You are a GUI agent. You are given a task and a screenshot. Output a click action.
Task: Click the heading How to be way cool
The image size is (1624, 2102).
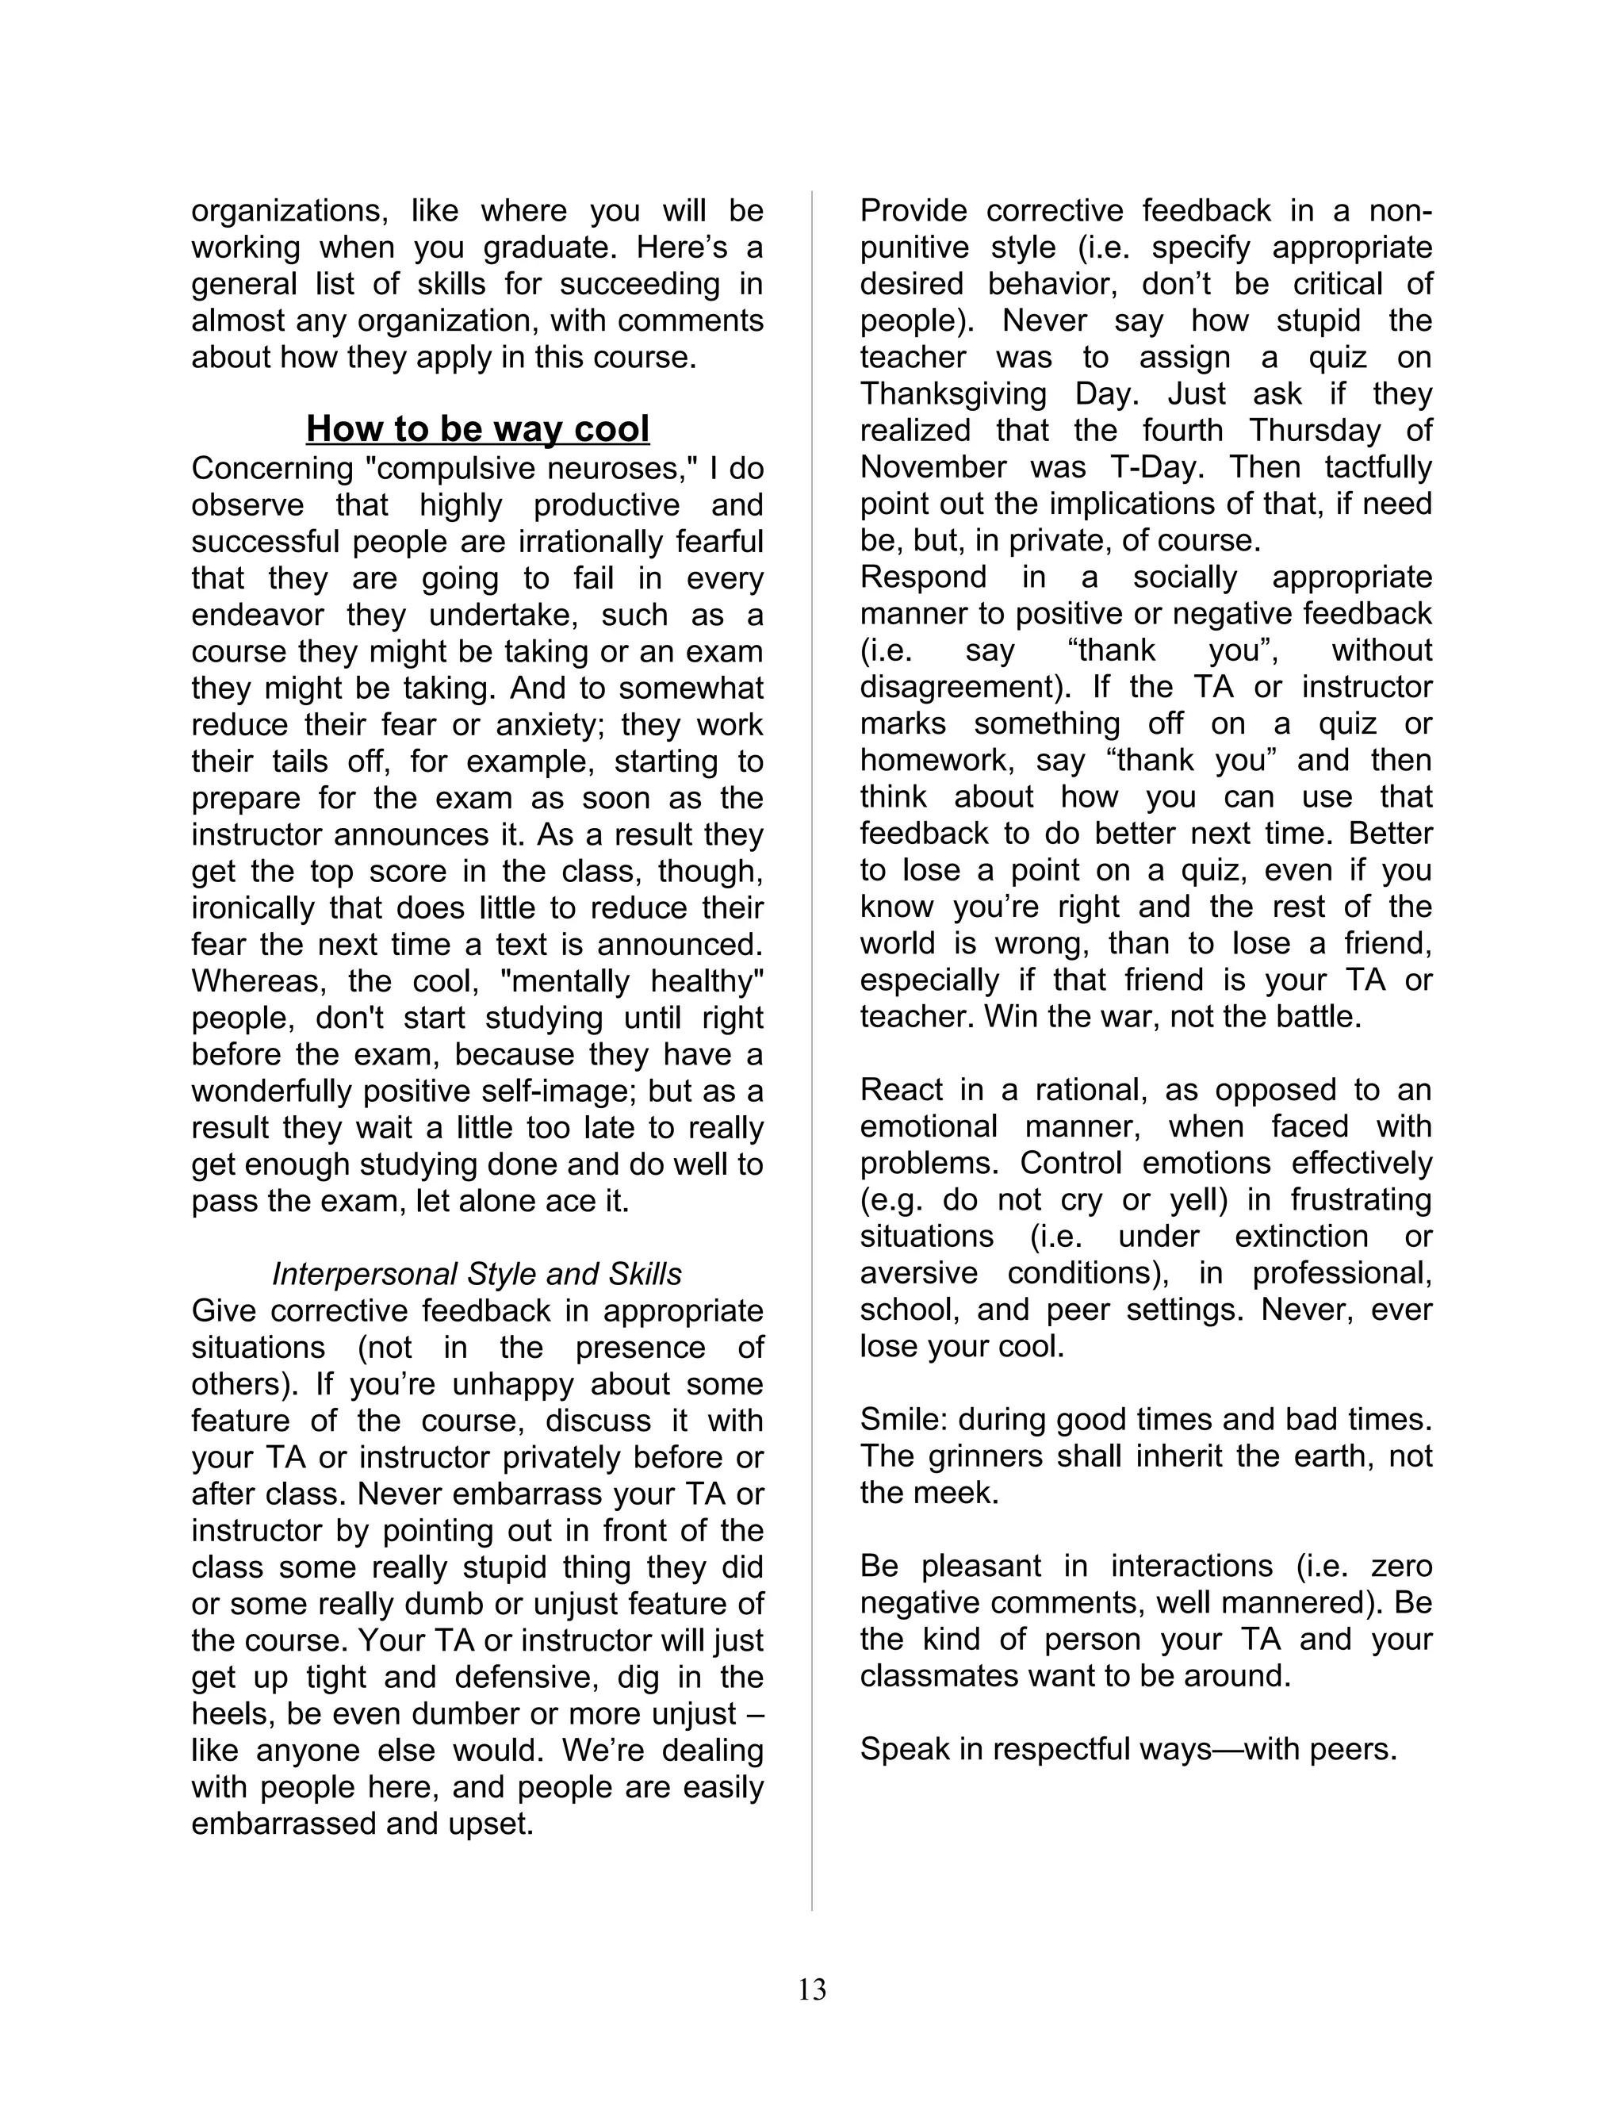click(477, 428)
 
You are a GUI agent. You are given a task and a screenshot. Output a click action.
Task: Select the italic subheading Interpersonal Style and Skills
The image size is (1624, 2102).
click(477, 1275)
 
